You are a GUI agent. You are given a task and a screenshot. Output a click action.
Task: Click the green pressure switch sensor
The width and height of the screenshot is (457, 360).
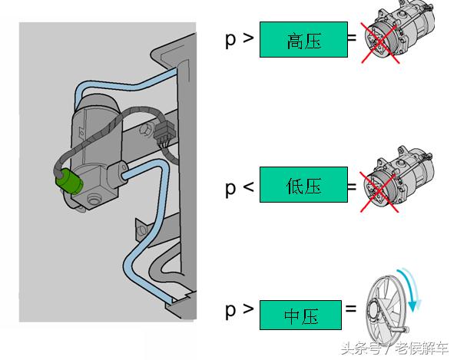coord(69,181)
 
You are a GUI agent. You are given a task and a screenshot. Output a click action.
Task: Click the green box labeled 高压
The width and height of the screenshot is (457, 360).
coord(303,39)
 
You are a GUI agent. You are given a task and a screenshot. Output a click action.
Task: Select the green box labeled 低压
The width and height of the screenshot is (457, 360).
coord(303,185)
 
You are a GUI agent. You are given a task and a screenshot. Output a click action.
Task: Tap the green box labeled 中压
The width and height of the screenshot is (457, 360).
coord(300,315)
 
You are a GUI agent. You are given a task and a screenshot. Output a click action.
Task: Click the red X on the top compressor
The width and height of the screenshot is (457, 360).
coord(380,43)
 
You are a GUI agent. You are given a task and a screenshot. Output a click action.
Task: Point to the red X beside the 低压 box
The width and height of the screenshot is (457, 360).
coord(379,192)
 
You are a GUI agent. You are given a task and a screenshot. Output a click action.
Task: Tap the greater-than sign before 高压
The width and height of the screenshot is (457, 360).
coord(248,38)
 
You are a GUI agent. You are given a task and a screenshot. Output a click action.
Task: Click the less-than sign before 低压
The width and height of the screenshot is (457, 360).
coord(248,186)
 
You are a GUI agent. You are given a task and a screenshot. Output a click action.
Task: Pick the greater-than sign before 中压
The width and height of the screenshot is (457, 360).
coord(248,309)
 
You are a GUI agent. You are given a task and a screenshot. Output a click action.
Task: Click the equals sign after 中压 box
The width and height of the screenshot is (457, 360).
coord(350,309)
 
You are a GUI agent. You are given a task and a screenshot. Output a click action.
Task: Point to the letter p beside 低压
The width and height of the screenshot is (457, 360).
coord(230,189)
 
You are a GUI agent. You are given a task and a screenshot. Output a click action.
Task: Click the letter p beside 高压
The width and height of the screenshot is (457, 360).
coord(230,41)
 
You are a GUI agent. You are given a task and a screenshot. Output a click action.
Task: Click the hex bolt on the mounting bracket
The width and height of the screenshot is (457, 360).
coord(145,128)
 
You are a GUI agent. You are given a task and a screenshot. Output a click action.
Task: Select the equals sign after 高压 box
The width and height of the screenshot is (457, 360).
coord(352,38)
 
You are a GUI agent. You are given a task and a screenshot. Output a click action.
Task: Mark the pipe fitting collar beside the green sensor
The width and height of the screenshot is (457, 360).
coord(118,174)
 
